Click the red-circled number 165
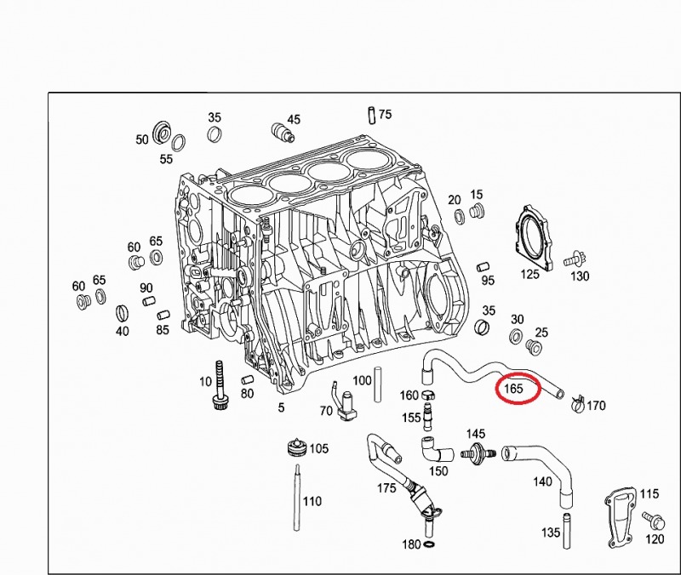click(x=514, y=388)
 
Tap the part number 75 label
click(x=385, y=114)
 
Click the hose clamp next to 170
click(x=578, y=404)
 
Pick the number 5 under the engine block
click(x=282, y=407)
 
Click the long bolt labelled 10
click(x=220, y=385)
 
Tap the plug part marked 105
click(x=297, y=447)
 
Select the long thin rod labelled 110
click(x=297, y=498)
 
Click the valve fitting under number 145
click(x=478, y=453)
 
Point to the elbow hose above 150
click(x=436, y=450)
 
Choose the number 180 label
click(x=411, y=544)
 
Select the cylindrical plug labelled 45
click(x=283, y=132)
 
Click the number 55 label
click(x=166, y=159)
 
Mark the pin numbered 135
click(x=567, y=530)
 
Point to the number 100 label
click(x=362, y=380)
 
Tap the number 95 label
click(x=488, y=281)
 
